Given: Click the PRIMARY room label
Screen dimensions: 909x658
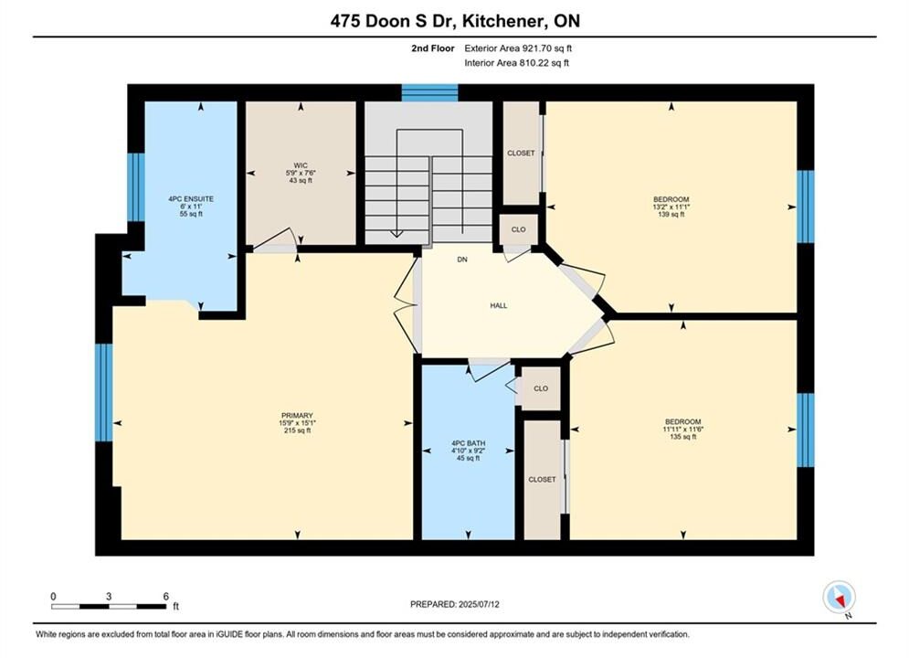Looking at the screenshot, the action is (x=297, y=415).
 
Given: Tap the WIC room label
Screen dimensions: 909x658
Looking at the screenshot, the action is (x=301, y=165).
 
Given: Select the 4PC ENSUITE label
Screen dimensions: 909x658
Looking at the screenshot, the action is (x=191, y=199).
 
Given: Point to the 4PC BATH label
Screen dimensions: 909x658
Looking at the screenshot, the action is (x=468, y=443).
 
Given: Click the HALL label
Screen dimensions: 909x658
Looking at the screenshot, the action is (x=499, y=305).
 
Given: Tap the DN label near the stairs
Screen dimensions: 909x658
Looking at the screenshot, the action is (x=462, y=260).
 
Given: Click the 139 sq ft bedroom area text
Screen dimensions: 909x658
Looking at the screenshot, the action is (x=671, y=215).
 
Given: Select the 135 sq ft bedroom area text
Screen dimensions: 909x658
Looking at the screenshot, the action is (x=683, y=437).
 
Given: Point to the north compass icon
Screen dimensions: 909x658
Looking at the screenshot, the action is (x=840, y=598).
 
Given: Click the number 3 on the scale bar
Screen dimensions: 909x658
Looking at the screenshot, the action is (x=109, y=596).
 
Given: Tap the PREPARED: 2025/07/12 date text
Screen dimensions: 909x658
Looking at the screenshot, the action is (x=455, y=604).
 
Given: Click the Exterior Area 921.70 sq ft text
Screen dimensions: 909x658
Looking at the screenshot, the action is (x=518, y=48).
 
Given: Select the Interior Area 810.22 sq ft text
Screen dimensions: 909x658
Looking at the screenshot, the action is (x=516, y=63).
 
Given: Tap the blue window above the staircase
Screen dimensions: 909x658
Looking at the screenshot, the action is (x=430, y=92).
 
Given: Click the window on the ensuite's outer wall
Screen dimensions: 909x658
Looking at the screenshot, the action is (x=135, y=186).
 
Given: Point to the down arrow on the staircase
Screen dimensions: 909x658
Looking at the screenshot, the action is (x=396, y=233).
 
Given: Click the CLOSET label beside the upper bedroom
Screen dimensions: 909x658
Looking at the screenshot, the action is (x=521, y=153).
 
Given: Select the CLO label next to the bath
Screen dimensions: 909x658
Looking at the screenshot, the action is (x=540, y=388).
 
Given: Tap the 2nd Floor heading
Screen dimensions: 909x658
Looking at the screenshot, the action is (x=432, y=48).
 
